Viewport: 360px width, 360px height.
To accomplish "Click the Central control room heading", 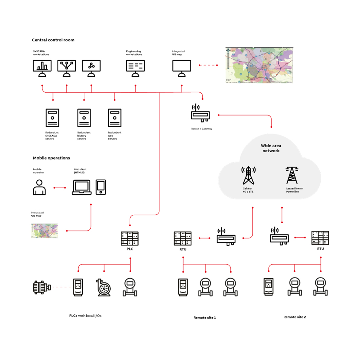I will (53, 40).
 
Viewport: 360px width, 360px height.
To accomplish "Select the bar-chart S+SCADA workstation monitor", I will (42, 68).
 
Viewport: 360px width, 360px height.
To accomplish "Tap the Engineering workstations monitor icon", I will (135, 68).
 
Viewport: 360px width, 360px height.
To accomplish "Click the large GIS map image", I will (259, 65).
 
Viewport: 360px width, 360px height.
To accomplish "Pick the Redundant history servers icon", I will (84, 118).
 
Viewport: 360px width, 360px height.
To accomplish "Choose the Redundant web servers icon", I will (115, 118).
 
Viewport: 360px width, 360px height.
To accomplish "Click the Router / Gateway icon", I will (200, 113).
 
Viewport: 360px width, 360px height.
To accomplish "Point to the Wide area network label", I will (271, 148).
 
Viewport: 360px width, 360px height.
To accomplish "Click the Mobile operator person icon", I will (39, 187).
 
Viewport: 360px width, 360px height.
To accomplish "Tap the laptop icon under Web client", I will (81, 188).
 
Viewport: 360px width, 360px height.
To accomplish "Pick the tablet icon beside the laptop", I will (101, 187).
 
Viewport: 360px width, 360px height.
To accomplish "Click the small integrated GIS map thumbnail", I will (45, 231).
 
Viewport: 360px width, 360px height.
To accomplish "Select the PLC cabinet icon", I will (130, 239).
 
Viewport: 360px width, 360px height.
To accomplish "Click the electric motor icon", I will (42, 287).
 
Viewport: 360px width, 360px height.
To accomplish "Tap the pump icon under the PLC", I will (104, 288).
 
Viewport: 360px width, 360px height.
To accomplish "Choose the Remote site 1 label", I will (205, 317).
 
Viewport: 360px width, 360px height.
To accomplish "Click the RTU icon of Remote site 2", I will (320, 238).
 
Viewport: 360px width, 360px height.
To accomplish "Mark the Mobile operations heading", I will (51, 158).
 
